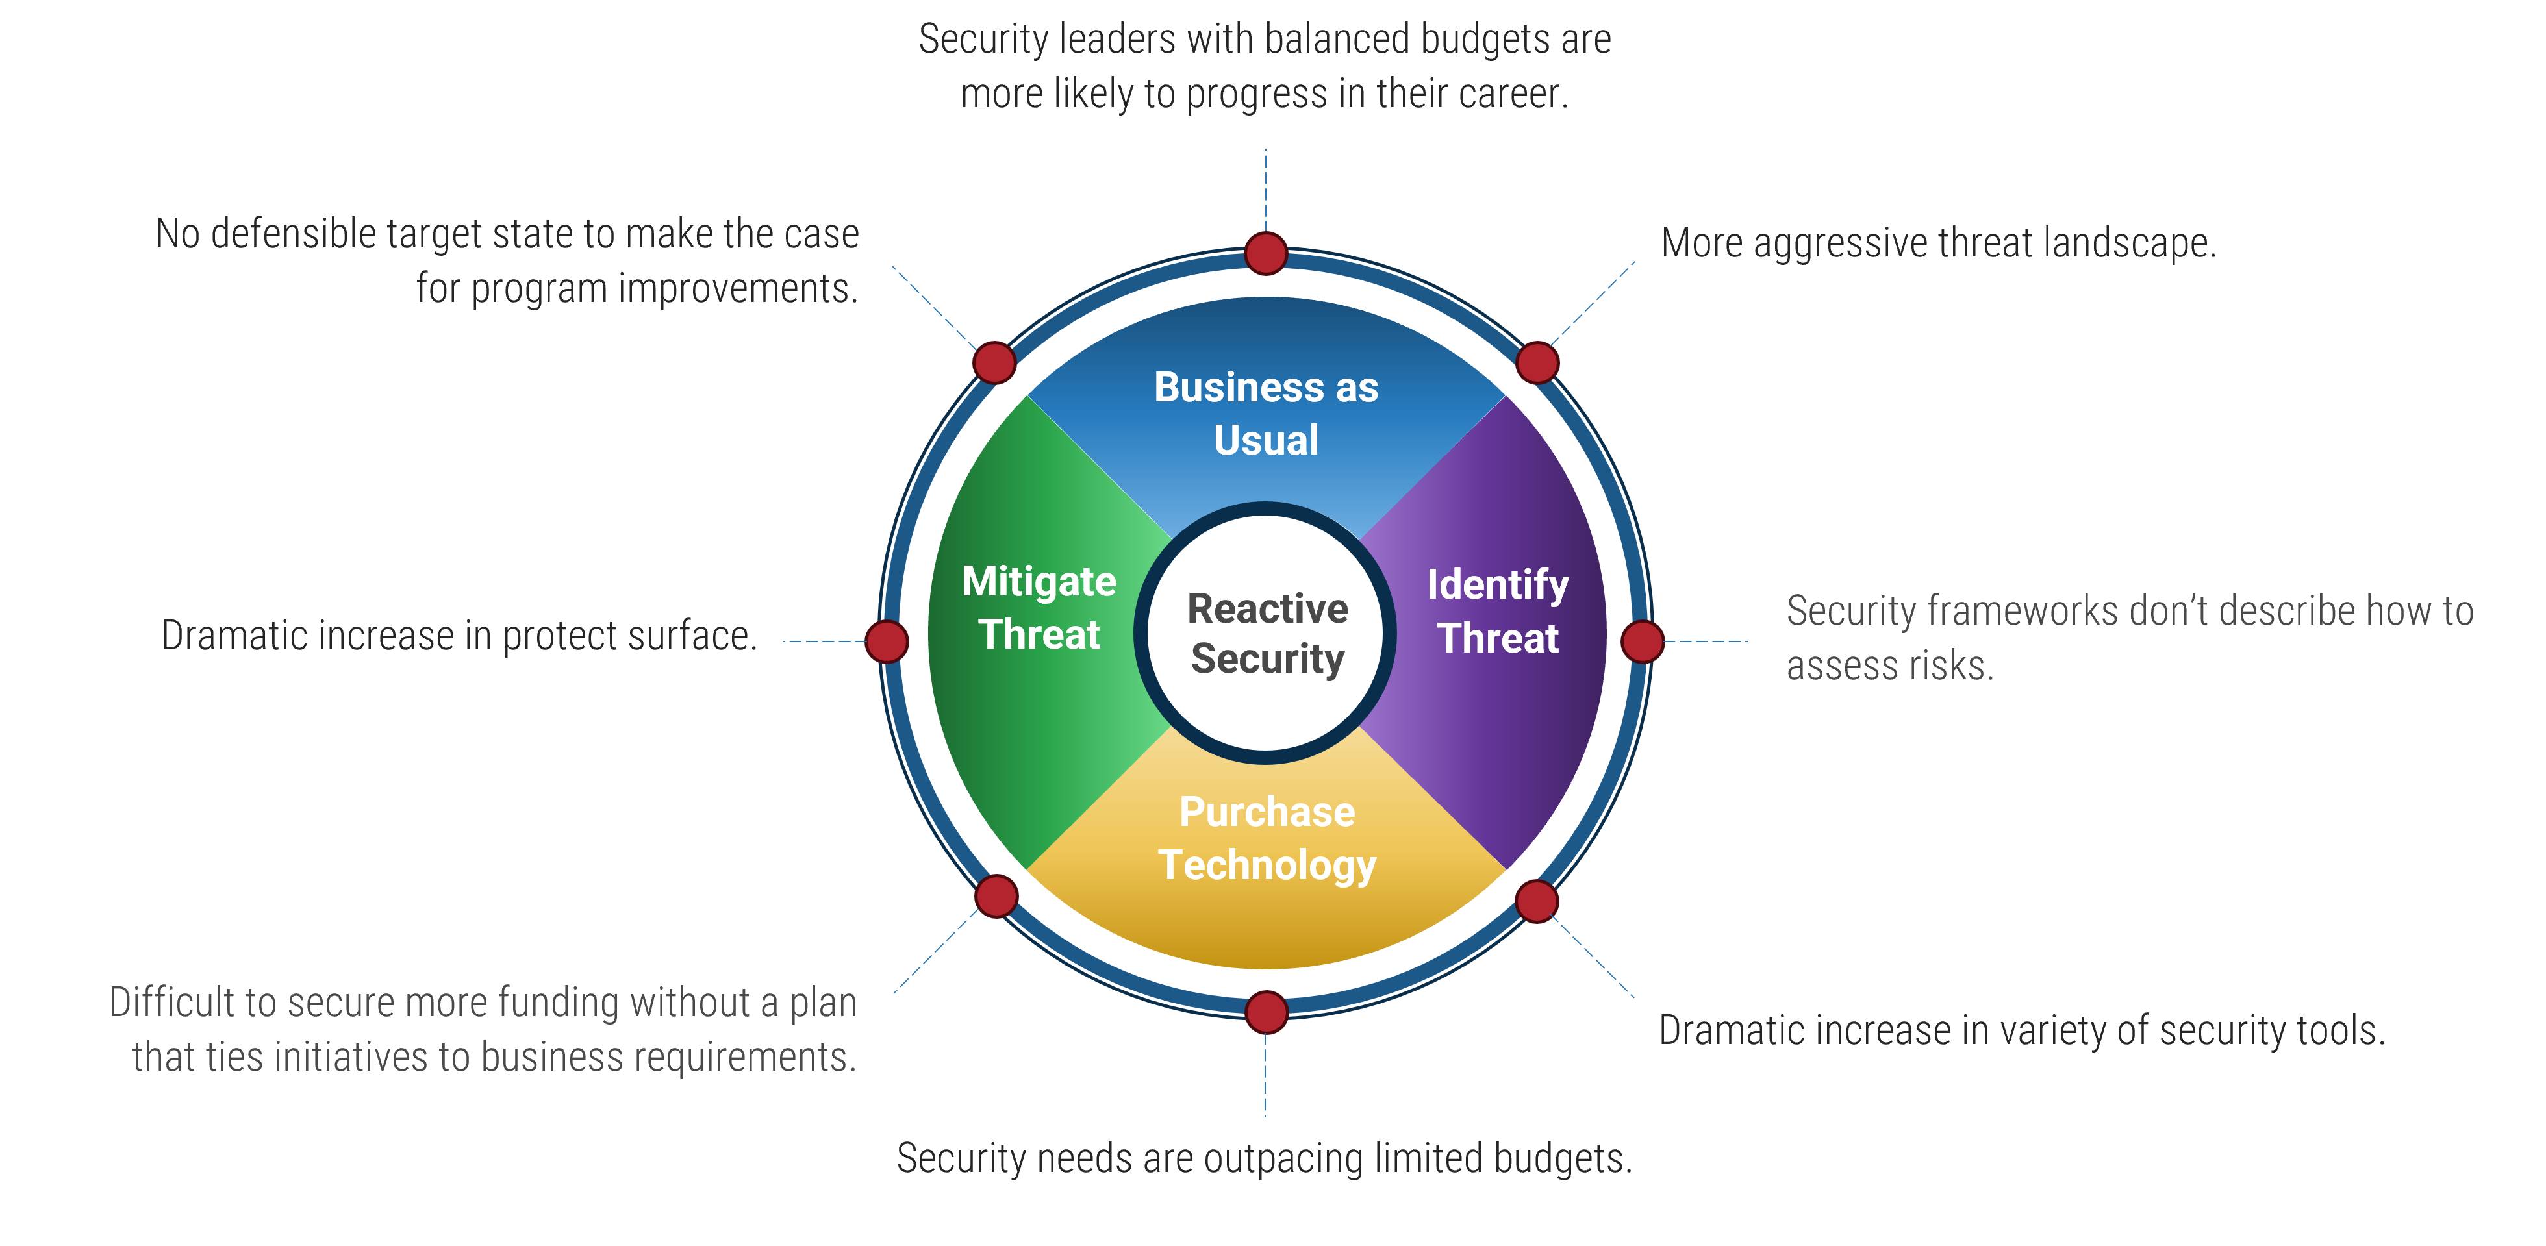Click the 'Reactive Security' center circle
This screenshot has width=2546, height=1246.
click(x=1266, y=632)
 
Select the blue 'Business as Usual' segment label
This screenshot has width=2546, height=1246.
click(x=1266, y=413)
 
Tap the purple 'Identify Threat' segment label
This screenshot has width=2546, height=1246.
click(x=1497, y=610)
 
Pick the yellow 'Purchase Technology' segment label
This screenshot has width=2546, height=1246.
click(x=1267, y=838)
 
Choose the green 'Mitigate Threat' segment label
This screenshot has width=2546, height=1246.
click(x=1039, y=608)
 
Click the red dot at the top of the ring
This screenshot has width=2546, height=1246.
click(x=1266, y=253)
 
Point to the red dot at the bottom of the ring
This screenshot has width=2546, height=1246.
click(x=1266, y=1012)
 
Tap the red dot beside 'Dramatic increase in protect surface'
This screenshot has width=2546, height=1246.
click(x=887, y=642)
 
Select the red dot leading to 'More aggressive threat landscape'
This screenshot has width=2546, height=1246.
click(x=1536, y=363)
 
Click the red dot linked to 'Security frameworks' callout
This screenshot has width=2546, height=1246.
click(x=1643, y=642)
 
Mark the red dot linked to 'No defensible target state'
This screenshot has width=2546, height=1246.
click(x=995, y=363)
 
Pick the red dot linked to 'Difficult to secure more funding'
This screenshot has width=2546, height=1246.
click(x=996, y=896)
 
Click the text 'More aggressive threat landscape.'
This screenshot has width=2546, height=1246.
click(x=1938, y=243)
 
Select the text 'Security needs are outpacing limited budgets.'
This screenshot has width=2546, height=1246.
click(x=1264, y=1158)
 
